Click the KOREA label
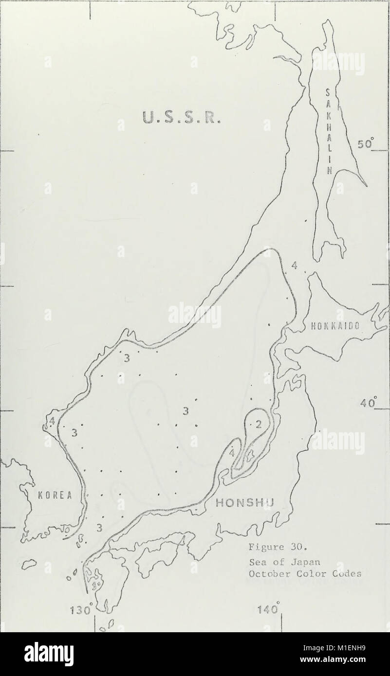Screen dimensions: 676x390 coord(55,496)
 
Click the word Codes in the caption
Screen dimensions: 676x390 coord(350,573)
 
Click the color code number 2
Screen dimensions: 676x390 coord(259,424)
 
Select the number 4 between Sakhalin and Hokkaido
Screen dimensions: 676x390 coord(294,266)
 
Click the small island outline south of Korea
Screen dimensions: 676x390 coord(31,563)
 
